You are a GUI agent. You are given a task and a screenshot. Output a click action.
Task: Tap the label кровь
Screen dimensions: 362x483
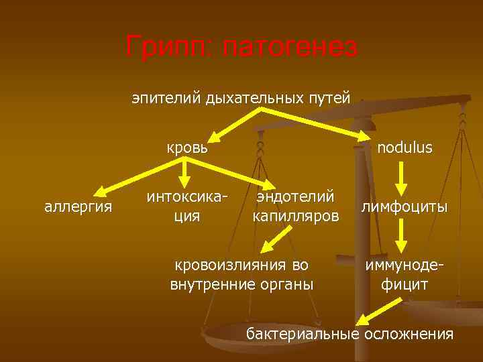coord(186,147)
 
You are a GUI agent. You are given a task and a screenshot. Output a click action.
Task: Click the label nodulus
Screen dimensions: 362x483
coord(405,147)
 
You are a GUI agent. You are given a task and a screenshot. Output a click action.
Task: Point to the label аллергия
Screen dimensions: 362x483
coord(78,206)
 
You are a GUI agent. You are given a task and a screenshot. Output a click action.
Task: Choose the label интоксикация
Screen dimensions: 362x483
coord(184,206)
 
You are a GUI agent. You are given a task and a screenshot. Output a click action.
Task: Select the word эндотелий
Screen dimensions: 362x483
coord(294,196)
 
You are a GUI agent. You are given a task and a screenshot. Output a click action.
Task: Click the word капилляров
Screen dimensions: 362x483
coord(295,217)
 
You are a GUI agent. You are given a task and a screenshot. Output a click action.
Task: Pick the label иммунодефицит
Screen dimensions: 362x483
coord(405,274)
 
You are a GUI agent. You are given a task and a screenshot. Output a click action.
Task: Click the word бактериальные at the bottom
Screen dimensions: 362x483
coord(303,334)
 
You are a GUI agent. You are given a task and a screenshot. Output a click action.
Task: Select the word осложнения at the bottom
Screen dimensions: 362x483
coord(409,334)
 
